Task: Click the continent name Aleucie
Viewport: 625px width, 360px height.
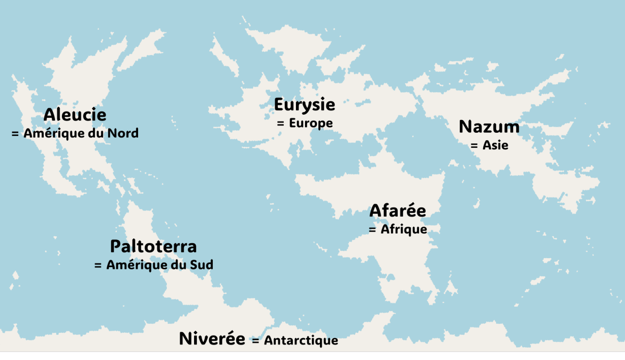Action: (75, 115)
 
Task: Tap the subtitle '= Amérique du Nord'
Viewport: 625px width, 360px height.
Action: (75, 133)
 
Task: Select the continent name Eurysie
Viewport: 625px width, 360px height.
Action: (305, 105)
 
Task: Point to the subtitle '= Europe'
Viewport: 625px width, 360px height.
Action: (305, 123)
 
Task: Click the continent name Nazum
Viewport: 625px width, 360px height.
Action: (489, 127)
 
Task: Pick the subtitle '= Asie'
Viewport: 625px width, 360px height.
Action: (489, 145)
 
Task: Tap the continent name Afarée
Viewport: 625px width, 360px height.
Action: (398, 211)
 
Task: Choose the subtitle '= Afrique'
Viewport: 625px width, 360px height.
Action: (398, 229)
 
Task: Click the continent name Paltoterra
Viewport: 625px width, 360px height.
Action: (154, 246)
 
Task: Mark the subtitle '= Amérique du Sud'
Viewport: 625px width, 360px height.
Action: (154, 265)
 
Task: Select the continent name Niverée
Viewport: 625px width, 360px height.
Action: (212, 339)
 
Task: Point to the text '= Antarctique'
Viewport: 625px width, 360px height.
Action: (294, 340)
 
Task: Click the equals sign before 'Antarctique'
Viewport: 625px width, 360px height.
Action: (255, 340)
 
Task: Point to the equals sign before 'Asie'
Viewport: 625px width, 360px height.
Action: (474, 145)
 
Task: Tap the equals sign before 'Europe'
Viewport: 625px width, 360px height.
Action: (281, 123)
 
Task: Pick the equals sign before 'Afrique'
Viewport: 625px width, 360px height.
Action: (373, 229)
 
